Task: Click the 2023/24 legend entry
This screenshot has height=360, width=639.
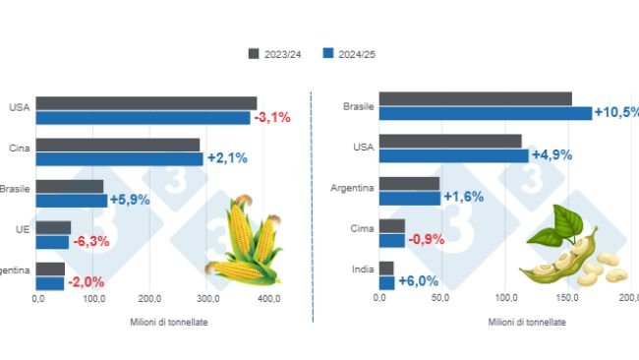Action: pos(276,53)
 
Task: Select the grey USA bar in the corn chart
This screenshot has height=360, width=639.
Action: pos(147,103)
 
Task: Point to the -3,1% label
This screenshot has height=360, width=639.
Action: pos(272,118)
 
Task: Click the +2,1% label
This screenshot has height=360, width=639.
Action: pos(226,158)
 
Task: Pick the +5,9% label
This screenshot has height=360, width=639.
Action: pos(130,200)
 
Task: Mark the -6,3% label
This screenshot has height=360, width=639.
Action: pos(91,241)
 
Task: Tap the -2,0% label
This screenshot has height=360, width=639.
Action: pos(85,283)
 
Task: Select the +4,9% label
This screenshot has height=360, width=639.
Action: pos(552,154)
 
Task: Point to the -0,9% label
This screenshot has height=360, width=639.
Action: pos(426,239)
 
